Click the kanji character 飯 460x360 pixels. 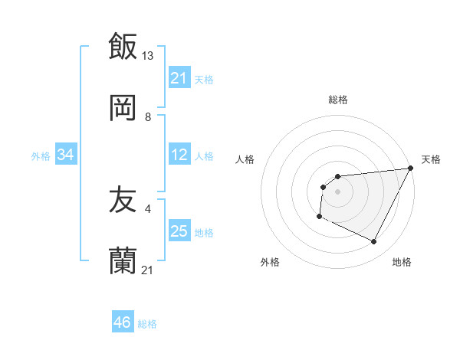pos(123,45)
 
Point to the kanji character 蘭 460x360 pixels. pos(123,262)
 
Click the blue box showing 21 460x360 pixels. pos(179,77)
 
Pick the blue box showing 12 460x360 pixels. pos(179,155)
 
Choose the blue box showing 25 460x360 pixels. pos(179,231)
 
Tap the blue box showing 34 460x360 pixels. pos(66,155)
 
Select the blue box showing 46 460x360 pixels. pos(123,322)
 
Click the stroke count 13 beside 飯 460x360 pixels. pos(148,55)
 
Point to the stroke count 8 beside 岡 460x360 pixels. pos(148,116)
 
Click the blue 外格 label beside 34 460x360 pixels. pos(41,156)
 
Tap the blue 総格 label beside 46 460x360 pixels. pos(147,323)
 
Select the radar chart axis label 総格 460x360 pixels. pos(337,100)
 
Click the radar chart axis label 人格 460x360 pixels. pos(245,159)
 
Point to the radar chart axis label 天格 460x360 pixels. pos(431,159)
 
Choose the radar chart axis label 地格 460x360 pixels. pos(402,262)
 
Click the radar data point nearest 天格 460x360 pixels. pos(411,168)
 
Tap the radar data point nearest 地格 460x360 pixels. pos(374,242)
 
